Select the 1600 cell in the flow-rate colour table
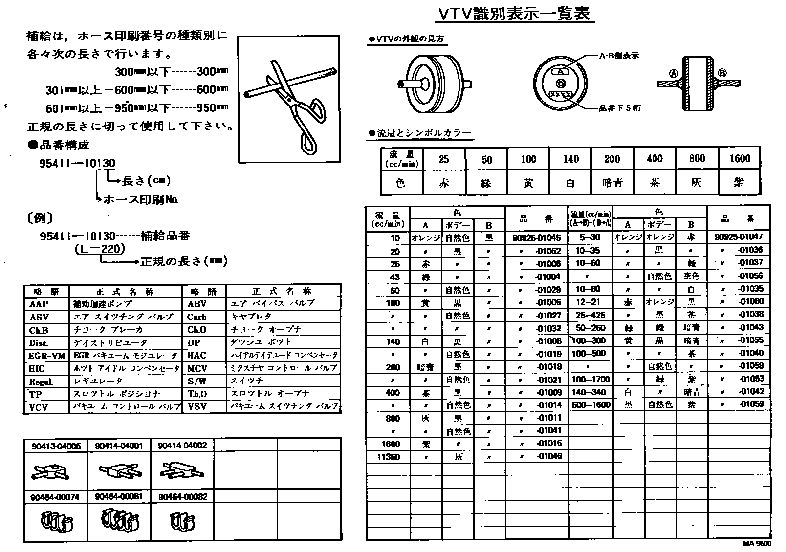[739, 158]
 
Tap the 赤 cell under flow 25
[443, 183]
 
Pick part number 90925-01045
[536, 238]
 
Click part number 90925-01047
[738, 237]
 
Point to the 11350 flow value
[388, 457]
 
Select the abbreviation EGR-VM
[46, 356]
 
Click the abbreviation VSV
[197, 406]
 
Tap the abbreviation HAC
[197, 355]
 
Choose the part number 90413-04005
[56, 446]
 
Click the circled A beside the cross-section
[674, 74]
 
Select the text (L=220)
[100, 249]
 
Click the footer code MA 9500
[757, 544]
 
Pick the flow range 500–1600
[591, 404]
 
